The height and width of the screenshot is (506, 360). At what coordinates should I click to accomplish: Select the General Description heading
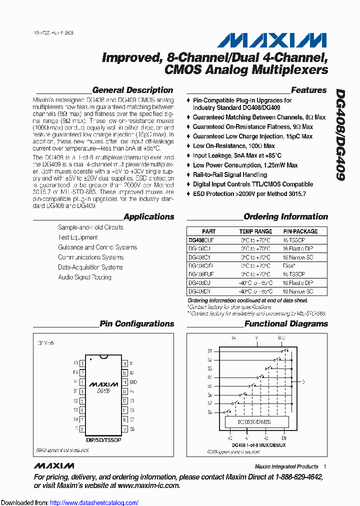point(132,90)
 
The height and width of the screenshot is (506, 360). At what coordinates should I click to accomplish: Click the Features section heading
point(308,90)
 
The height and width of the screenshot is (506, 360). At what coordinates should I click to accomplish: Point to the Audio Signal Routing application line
point(84,277)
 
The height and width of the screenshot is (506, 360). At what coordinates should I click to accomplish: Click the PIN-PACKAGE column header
point(300,231)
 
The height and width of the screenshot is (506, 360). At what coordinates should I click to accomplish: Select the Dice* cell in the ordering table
point(289,266)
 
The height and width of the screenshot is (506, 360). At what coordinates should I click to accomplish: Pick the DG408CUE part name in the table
point(201,240)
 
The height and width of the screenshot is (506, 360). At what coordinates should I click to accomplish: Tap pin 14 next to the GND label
point(124,382)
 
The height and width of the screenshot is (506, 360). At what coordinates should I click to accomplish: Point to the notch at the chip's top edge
point(103,356)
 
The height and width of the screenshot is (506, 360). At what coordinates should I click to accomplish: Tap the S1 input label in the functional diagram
point(210,350)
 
